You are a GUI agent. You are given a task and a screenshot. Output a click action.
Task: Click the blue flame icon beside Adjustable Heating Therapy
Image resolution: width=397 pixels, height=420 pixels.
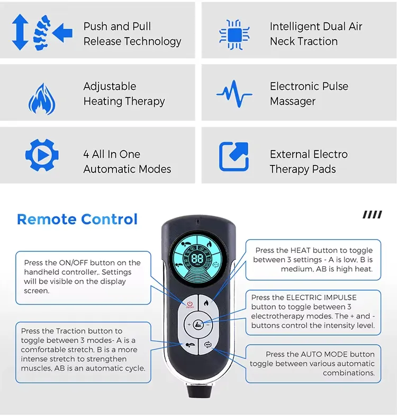coord(42,99)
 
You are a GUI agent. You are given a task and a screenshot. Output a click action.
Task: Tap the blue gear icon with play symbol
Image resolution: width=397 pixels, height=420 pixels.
coord(42,155)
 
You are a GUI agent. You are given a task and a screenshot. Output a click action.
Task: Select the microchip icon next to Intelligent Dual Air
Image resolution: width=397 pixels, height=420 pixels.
coord(234,35)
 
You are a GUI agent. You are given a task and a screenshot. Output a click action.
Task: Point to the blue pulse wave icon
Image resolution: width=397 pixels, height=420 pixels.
coord(234,94)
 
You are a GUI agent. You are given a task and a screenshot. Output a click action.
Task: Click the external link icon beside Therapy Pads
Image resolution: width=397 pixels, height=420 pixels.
coord(233,156)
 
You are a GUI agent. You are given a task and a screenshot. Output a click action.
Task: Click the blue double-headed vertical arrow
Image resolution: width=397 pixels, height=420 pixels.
coord(20,32)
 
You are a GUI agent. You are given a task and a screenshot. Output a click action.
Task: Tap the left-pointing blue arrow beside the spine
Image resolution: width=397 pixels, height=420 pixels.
coord(62,33)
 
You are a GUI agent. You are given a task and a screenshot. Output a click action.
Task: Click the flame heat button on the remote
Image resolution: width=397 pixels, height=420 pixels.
coord(206,303)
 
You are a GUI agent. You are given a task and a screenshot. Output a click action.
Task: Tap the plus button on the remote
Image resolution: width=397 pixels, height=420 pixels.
coord(189,325)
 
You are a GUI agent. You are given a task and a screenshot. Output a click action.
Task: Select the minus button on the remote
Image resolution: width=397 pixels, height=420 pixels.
coord(207,325)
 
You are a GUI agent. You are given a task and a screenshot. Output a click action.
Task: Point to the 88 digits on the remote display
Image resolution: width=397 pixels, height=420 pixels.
coord(197,258)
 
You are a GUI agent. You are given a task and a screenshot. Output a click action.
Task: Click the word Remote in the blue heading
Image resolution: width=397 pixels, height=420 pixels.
coord(47,219)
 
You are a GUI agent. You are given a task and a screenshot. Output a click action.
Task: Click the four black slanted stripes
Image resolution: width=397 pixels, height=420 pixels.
coord(373,215)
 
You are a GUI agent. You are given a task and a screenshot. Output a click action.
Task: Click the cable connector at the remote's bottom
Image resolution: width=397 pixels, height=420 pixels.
coord(200,390)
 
